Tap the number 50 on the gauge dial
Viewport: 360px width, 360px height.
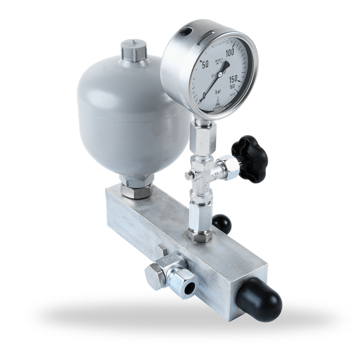(204, 64)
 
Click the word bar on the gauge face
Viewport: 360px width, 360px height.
(219, 92)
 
